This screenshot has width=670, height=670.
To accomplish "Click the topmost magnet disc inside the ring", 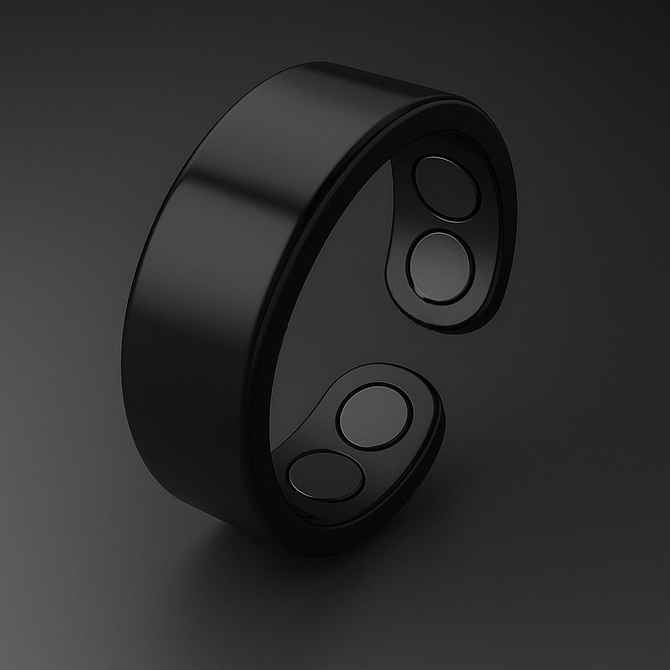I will [x=446, y=188].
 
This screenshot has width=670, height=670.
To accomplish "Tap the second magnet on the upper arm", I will [x=440, y=266].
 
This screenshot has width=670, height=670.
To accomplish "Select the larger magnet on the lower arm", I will [x=375, y=417].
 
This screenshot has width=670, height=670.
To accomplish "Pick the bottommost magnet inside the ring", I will [x=325, y=476].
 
